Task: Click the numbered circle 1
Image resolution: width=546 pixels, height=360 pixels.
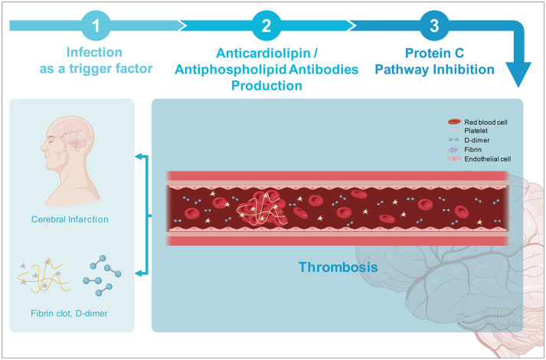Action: click(96, 25)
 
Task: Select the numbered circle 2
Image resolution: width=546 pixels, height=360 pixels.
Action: click(266, 25)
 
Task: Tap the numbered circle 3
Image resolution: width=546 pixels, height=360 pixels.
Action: click(434, 25)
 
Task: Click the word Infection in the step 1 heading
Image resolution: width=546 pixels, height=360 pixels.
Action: click(94, 53)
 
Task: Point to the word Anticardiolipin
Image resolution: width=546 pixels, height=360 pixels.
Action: click(263, 54)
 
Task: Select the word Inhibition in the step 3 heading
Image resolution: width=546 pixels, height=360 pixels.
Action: click(465, 69)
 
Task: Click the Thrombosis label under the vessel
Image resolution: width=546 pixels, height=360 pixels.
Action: click(338, 267)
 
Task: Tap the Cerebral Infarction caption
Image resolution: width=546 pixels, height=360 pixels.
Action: click(70, 219)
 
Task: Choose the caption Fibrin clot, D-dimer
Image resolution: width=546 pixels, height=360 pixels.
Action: click(69, 313)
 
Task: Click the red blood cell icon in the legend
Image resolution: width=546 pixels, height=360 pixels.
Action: click(454, 122)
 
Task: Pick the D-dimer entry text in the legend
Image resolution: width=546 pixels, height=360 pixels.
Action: click(477, 140)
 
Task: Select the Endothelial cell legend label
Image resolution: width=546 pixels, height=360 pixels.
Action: click(488, 159)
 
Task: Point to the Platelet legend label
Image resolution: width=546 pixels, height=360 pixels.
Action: click(476, 131)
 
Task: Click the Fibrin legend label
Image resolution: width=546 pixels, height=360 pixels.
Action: click(473, 149)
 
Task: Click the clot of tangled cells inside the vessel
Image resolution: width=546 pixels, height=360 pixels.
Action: click(262, 208)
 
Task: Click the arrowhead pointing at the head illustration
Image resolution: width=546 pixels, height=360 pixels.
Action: click(139, 156)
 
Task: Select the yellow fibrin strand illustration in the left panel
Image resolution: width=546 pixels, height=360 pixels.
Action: click(44, 276)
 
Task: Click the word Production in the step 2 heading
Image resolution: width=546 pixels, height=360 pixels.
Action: click(266, 85)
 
